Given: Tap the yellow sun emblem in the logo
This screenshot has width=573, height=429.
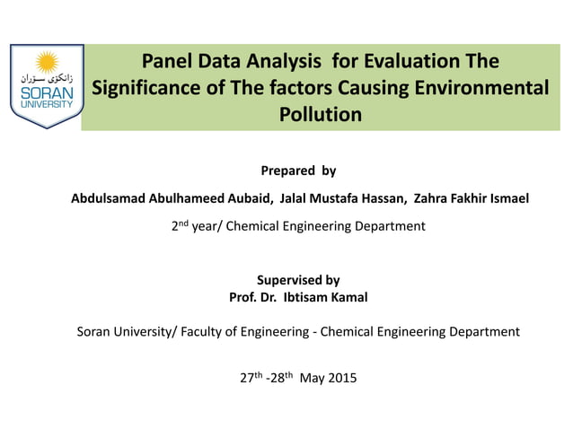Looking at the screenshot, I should click(47, 64).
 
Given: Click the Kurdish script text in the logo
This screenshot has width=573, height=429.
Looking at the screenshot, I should click(47, 81).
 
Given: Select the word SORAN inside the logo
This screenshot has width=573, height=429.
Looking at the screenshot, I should click(47, 93).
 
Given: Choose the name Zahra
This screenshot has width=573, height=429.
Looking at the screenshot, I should click(431, 197).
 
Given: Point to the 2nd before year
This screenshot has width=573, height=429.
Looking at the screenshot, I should click(180, 225).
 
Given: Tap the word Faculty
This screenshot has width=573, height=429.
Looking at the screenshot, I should click(206, 331).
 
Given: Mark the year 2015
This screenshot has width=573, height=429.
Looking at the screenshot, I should click(340, 378).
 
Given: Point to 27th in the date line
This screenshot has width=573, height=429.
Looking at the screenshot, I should click(251, 377).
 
